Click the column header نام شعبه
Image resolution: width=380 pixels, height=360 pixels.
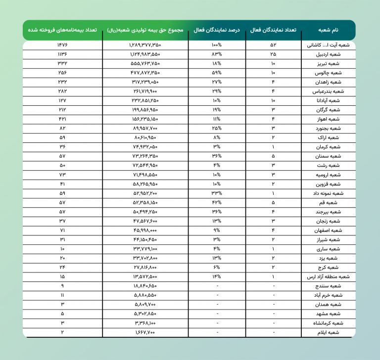tap(330, 30)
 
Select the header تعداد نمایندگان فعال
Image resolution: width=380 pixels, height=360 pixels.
tap(274, 30)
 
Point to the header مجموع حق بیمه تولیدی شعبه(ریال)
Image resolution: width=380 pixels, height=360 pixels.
tap(145, 30)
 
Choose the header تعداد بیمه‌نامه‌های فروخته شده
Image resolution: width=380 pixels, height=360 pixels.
tap(62, 30)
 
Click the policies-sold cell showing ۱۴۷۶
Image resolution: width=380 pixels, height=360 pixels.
tap(62, 45)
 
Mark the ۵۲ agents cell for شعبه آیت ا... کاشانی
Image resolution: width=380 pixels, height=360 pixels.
tap(274, 45)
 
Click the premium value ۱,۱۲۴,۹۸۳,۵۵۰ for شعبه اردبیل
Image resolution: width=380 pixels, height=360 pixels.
tap(145, 54)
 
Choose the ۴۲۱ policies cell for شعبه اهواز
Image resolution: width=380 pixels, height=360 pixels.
tap(62, 119)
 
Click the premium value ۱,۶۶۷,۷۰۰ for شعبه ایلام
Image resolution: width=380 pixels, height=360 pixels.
tap(145, 332)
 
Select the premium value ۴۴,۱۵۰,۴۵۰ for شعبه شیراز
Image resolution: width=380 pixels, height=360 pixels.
tap(145, 239)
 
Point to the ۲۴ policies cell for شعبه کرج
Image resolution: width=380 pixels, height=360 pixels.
tap(62, 267)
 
